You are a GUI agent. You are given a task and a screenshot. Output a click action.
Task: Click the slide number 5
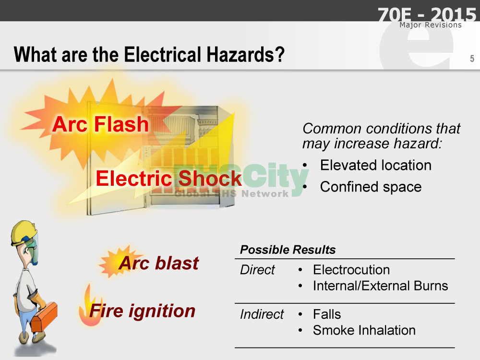click(x=472, y=59)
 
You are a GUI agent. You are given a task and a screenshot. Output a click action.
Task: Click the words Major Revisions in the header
click(x=431, y=25)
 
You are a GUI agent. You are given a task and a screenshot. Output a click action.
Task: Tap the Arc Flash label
click(x=100, y=124)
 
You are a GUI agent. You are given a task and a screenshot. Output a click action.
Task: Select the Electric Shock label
click(x=168, y=178)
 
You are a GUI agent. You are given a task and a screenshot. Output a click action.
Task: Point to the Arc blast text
click(x=159, y=263)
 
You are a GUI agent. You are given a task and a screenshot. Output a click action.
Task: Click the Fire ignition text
click(x=143, y=311)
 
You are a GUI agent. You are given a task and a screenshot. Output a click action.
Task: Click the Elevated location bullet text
click(x=376, y=165)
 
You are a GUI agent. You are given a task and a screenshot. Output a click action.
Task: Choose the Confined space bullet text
click(x=371, y=187)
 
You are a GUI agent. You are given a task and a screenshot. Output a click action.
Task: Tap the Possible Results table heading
click(x=288, y=250)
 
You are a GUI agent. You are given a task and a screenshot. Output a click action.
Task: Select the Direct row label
click(x=257, y=270)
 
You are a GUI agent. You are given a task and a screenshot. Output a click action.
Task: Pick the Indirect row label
click(x=262, y=314)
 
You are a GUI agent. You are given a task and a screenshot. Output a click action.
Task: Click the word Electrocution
click(x=351, y=270)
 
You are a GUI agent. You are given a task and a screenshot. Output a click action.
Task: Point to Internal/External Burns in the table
click(x=381, y=286)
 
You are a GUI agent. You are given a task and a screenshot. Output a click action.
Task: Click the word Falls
click(x=327, y=314)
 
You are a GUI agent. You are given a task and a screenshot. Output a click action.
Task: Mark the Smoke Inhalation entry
click(x=364, y=330)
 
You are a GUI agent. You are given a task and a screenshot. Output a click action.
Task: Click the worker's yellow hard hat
click(x=23, y=232)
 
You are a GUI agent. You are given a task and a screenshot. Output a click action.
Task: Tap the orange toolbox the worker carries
click(x=44, y=317)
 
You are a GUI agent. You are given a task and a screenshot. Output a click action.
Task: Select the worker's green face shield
click(x=33, y=248)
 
